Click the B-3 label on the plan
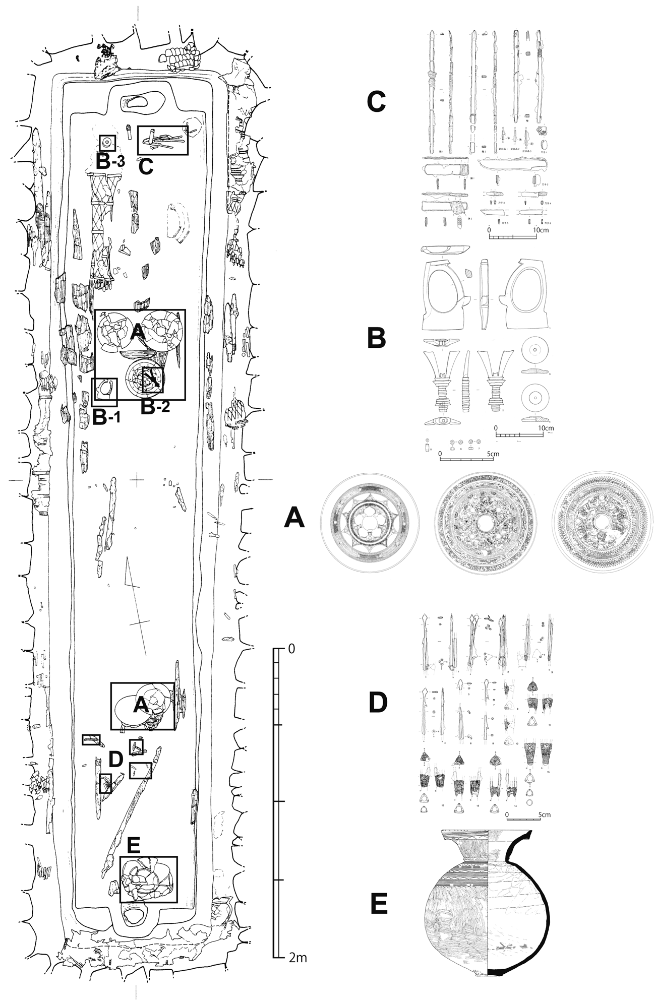110,161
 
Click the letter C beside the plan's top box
145,166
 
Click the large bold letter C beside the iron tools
376,102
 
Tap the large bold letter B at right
376,339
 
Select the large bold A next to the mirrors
294,518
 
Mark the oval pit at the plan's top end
137,102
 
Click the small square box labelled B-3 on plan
107,143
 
